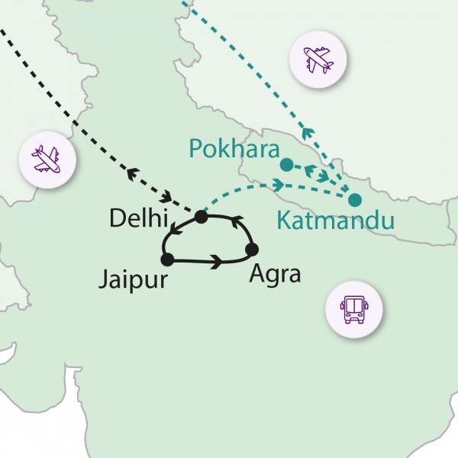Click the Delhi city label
pyautogui.click(x=138, y=218)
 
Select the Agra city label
pyautogui.click(x=276, y=273)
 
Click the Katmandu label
pyautogui.click(x=335, y=221)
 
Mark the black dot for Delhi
pyautogui.click(x=201, y=217)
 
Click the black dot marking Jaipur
pyautogui.click(x=167, y=260)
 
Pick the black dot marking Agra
pyautogui.click(x=252, y=249)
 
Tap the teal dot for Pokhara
pyautogui.click(x=285, y=164)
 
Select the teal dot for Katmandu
pyautogui.click(x=355, y=201)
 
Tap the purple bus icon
pyautogui.click(x=353, y=308)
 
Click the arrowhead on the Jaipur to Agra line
pyautogui.click(x=217, y=262)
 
